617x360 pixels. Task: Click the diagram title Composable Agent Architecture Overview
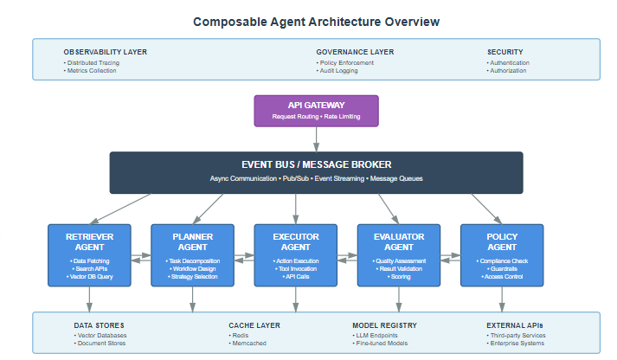point(315,21)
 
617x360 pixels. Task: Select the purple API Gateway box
point(316,110)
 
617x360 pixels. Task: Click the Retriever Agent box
point(89,254)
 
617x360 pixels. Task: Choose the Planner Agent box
point(192,254)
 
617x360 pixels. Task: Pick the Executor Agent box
point(295,254)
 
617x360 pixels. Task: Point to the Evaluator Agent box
point(399,254)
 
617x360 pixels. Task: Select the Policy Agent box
point(502,254)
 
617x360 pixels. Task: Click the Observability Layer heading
point(105,52)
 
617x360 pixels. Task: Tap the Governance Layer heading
point(355,52)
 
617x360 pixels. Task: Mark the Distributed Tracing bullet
point(93,62)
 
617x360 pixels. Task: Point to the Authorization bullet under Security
point(509,71)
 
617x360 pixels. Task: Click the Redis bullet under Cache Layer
point(240,335)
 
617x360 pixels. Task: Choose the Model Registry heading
point(384,325)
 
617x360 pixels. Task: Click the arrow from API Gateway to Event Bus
point(316,138)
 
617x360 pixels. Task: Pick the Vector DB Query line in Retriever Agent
point(89,277)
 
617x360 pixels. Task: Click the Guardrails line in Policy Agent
point(502,269)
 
